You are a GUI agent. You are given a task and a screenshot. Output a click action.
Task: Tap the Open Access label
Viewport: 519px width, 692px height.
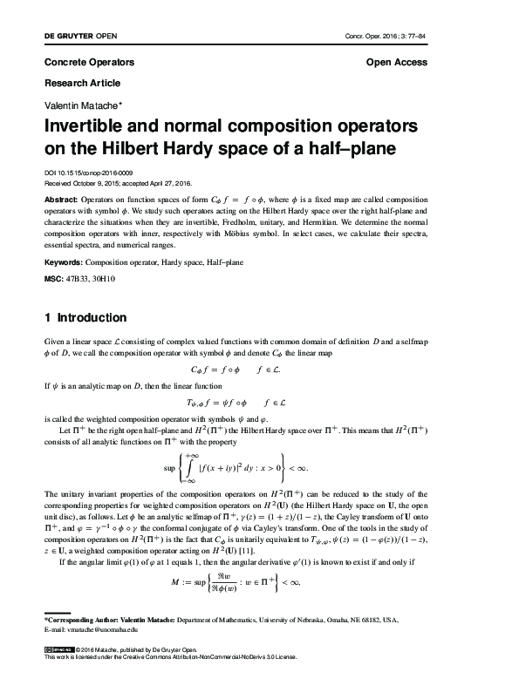click(x=397, y=63)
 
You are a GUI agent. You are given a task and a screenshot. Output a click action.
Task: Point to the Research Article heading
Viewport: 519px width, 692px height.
click(x=82, y=83)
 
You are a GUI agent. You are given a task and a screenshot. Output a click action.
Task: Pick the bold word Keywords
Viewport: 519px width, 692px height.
click(x=65, y=261)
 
